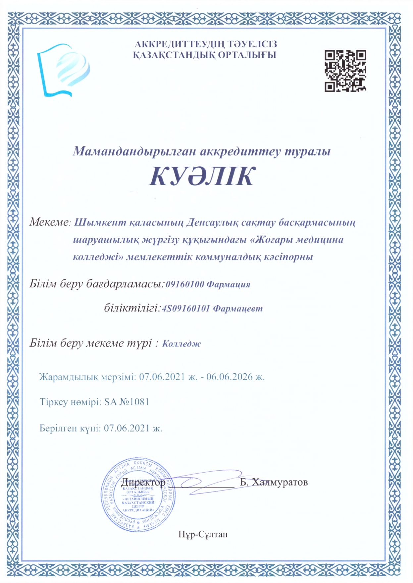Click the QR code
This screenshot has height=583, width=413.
[345, 71]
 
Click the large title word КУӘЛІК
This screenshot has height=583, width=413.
[202, 176]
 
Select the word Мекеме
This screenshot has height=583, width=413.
[49, 222]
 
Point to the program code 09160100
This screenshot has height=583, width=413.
[185, 284]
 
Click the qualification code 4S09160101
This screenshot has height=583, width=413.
[186, 309]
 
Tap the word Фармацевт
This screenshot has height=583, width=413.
[238, 309]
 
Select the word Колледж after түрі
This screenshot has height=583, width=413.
[181, 343]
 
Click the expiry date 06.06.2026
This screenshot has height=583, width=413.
[230, 377]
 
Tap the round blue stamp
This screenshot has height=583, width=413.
[138, 496]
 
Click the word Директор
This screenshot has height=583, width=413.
[143, 482]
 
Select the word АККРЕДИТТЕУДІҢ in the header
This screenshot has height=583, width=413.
[175, 44]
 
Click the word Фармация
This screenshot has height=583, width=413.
[229, 284]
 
